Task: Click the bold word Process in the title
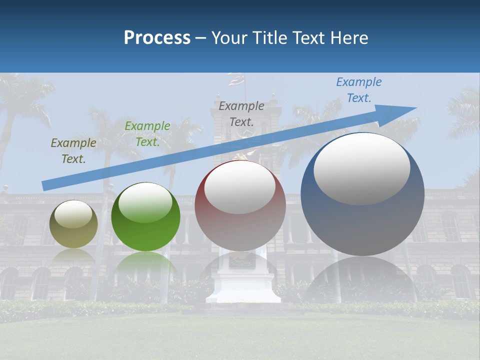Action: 157,38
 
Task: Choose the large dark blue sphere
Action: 362,225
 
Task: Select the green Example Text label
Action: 147,134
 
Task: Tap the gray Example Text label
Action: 241,113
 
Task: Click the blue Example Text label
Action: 359,90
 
